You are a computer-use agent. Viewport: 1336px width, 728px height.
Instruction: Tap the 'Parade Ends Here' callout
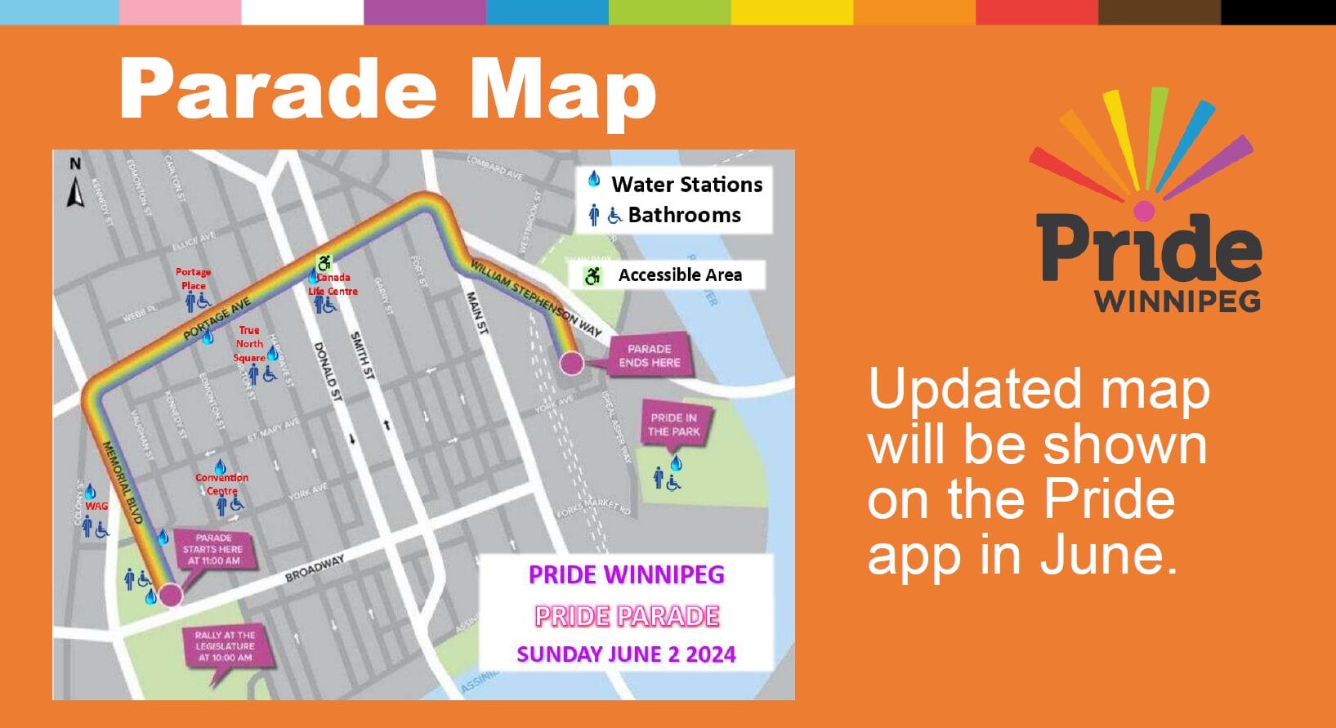(650, 355)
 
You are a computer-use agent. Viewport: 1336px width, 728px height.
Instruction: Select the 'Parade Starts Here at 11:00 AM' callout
(214, 549)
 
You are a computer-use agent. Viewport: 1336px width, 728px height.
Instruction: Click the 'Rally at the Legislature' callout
(225, 646)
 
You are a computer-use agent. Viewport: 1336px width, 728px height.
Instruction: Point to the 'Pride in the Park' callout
(674, 424)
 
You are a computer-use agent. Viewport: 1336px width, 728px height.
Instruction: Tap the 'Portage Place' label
(194, 279)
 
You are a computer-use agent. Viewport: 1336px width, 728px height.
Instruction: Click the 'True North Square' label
(249, 344)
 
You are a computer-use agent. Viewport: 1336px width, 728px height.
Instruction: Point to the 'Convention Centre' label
(221, 484)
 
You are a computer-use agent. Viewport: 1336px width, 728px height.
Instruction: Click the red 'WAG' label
(96, 506)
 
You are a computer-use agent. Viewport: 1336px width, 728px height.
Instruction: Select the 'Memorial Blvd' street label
(123, 482)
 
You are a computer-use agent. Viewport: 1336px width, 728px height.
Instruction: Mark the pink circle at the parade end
(571, 363)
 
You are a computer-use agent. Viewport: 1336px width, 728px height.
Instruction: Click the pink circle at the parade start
(170, 594)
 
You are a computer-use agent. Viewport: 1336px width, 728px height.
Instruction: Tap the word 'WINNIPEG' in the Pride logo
(1177, 301)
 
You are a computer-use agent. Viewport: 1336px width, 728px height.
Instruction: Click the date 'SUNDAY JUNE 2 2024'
(626, 654)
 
